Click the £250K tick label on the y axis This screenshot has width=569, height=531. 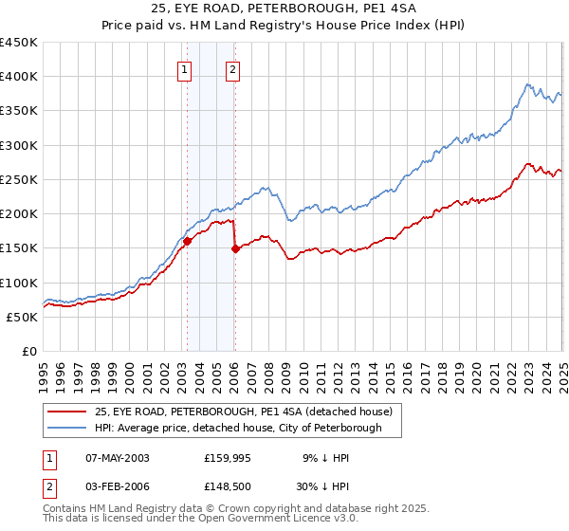pos(18,179)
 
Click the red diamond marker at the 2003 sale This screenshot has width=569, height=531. pos(187,241)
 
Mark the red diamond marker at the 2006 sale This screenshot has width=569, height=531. pos(234,249)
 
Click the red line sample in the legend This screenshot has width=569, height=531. pos(67,411)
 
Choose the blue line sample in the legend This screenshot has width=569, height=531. pos(67,428)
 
